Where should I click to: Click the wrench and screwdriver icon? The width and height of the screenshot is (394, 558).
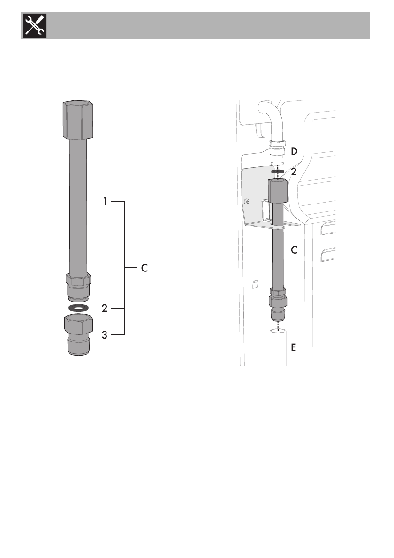[34, 25]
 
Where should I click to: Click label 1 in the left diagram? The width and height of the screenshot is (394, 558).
[105, 202]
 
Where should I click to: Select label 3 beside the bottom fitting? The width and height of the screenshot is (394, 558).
[104, 335]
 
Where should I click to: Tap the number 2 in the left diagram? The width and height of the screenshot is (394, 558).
[104, 308]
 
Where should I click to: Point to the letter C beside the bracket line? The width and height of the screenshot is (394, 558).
[144, 268]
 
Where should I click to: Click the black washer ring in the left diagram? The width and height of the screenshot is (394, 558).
[78, 308]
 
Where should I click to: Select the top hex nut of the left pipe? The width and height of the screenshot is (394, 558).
[78, 121]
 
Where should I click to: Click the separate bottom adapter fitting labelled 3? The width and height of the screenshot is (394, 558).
[79, 334]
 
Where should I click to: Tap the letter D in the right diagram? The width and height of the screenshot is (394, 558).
[294, 151]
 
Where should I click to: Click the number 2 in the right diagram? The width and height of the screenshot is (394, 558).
[294, 172]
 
